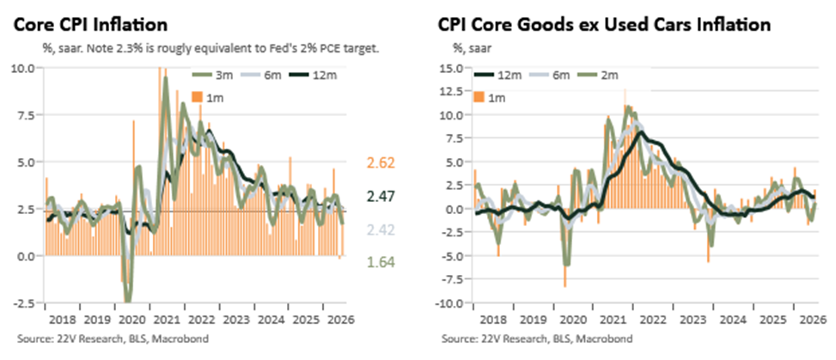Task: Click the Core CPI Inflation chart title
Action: pos(90,25)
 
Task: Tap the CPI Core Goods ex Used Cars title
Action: pos(604,25)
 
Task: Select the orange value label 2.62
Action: pos(380,163)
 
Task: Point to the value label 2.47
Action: pos(380,197)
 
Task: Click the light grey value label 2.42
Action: pos(380,230)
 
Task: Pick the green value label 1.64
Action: pos(380,262)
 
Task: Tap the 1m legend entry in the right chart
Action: pos(490,98)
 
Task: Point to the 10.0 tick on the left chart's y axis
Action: pos(23,68)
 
